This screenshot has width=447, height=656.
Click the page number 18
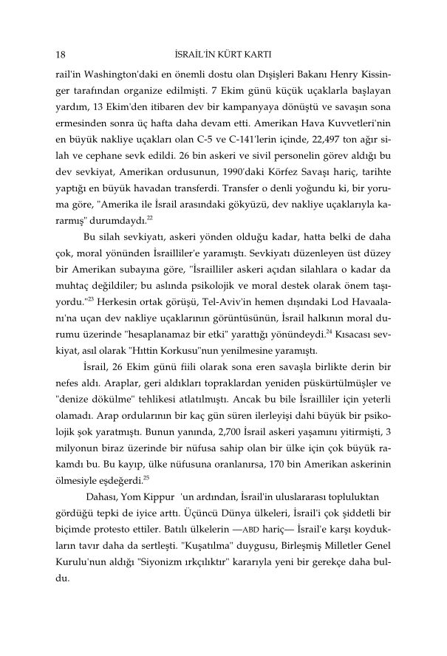click(x=61, y=55)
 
